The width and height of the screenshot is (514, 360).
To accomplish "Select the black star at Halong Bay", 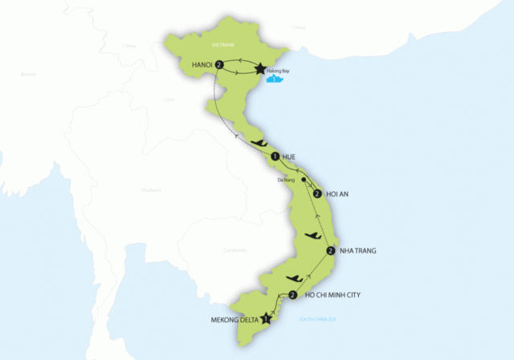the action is (260, 70).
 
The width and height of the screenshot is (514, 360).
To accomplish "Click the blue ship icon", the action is (276, 79).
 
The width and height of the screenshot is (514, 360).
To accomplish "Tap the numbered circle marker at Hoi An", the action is (318, 194).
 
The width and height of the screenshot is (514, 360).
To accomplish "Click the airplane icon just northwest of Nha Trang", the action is (312, 235).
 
